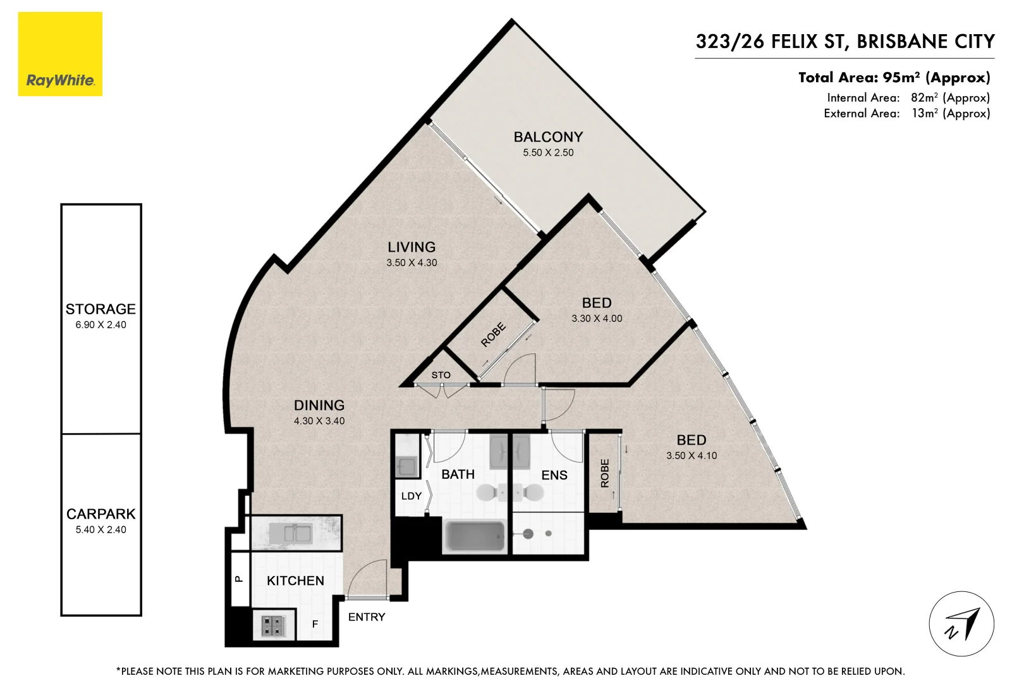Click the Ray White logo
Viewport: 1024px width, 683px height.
click(x=60, y=54)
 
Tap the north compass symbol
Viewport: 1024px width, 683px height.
click(x=961, y=624)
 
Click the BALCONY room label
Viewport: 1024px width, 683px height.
click(x=547, y=137)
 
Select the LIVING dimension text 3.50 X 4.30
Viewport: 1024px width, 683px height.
click(x=411, y=262)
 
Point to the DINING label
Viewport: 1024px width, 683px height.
click(x=319, y=405)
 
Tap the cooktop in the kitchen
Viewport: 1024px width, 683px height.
click(x=273, y=626)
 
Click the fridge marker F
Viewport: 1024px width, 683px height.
click(x=315, y=624)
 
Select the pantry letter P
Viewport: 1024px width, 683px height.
click(x=239, y=578)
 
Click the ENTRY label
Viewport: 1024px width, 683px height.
click(x=367, y=617)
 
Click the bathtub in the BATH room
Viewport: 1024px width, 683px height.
click(x=475, y=536)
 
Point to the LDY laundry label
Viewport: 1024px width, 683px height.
click(x=411, y=496)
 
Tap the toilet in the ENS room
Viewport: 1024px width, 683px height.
click(x=533, y=491)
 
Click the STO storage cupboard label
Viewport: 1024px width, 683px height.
click(x=441, y=375)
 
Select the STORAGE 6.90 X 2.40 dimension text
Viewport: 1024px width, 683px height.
click(x=101, y=324)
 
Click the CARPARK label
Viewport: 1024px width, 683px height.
click(x=101, y=514)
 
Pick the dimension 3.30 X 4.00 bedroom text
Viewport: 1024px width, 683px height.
click(x=597, y=318)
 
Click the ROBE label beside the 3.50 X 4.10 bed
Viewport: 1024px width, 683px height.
click(x=604, y=473)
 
